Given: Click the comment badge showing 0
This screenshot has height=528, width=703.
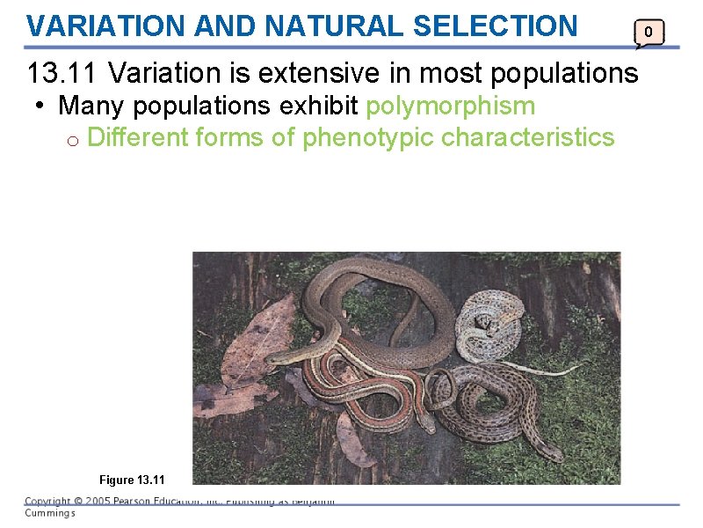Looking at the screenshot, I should tap(649, 33).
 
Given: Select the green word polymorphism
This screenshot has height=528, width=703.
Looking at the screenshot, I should tap(451, 106).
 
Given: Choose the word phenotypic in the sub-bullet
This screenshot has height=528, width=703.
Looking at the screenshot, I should tap(368, 137).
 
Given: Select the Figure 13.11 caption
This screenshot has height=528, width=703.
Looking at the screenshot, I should tap(132, 480).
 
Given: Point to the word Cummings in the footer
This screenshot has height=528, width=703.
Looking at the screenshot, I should tap(50, 513).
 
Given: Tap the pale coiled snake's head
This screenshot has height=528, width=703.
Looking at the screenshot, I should tap(482, 324).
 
